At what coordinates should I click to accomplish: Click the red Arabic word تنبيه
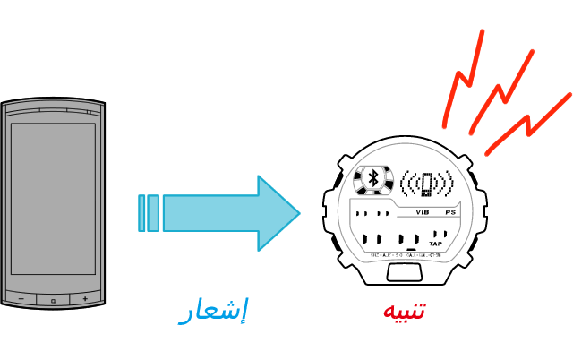click(x=404, y=312)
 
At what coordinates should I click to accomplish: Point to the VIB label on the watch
click(x=424, y=213)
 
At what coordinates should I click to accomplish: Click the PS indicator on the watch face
click(x=450, y=213)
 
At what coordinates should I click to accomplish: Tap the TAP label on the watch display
click(x=436, y=244)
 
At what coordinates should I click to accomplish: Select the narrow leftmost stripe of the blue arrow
click(x=141, y=213)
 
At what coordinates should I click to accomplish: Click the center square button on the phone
click(x=53, y=298)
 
